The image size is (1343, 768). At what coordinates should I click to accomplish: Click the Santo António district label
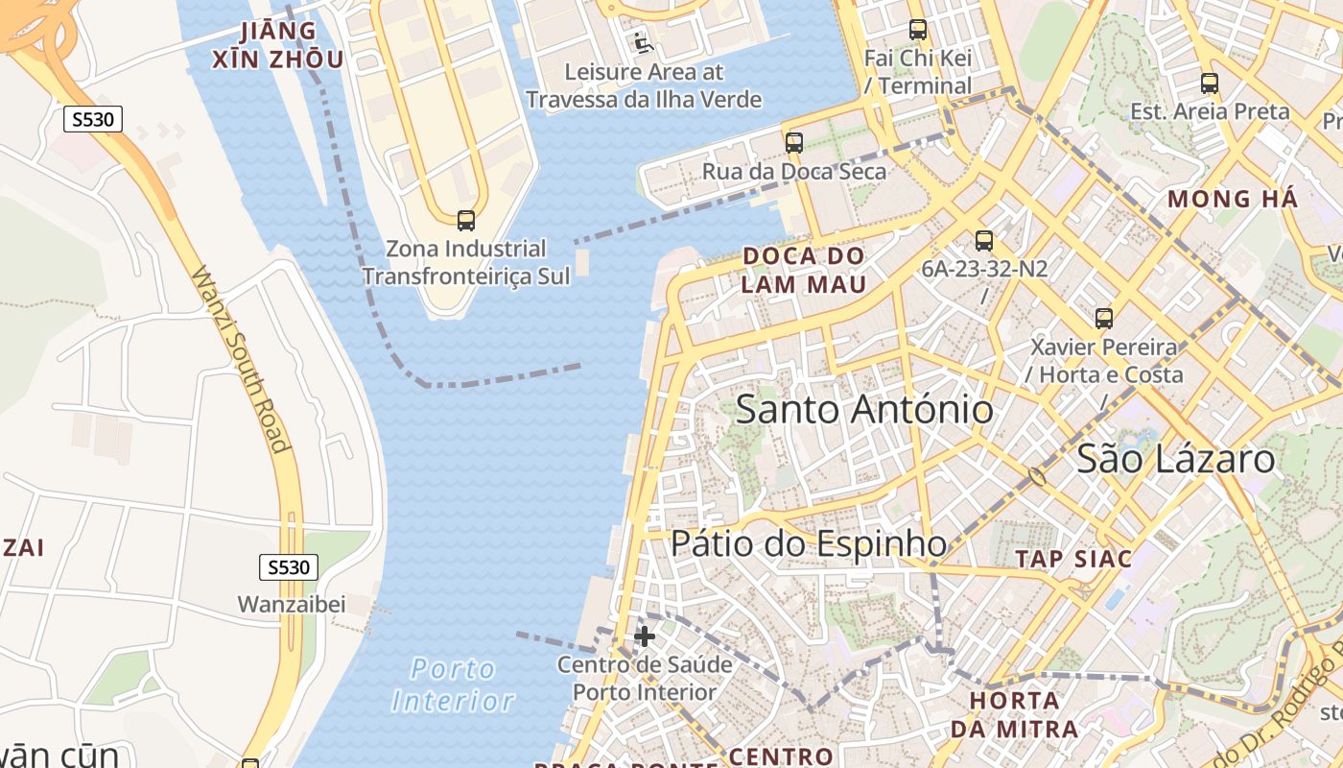click(x=864, y=410)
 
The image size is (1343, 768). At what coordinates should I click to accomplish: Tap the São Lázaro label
click(x=1176, y=459)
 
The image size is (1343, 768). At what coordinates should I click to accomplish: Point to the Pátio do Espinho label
click(x=809, y=543)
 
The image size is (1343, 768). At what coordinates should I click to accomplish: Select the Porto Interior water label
click(x=453, y=684)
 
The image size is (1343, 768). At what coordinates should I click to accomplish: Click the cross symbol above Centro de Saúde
click(x=645, y=636)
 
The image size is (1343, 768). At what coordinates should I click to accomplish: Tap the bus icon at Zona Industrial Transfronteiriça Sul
click(x=466, y=221)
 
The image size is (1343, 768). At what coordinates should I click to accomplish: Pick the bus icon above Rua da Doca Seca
click(x=794, y=143)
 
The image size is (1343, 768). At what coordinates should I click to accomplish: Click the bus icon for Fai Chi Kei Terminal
click(x=918, y=30)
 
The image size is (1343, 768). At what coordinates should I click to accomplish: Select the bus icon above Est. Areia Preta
click(x=1210, y=84)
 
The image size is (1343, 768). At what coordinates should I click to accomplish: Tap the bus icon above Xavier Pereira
click(x=1104, y=319)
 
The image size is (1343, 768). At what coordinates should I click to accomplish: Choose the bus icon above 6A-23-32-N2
click(x=984, y=241)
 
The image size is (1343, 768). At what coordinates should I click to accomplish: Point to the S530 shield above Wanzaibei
click(x=288, y=567)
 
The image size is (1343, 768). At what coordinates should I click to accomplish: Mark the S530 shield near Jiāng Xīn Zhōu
click(x=93, y=120)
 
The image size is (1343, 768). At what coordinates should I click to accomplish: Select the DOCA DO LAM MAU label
click(x=804, y=270)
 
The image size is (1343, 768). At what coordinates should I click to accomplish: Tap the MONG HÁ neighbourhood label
click(x=1233, y=200)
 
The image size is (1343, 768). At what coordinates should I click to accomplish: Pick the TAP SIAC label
click(x=1073, y=559)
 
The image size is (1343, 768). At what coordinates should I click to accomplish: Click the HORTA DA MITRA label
click(x=1014, y=714)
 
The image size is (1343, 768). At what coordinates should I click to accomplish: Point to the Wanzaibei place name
click(x=292, y=605)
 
